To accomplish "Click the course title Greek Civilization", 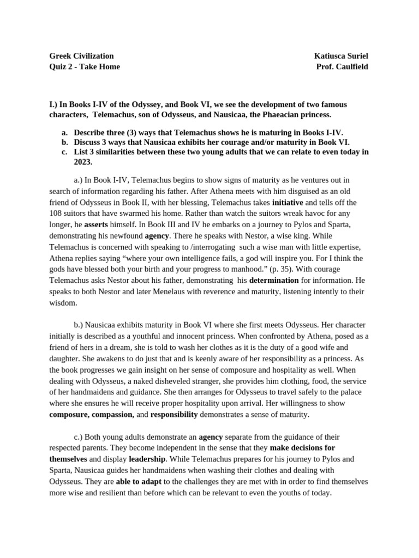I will point(81,56).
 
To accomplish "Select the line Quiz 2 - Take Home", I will point(85,66).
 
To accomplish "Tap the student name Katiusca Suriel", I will point(341,56).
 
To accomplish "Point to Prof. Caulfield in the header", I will point(342,66).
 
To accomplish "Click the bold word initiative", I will point(288,202).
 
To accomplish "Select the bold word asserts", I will point(96,224).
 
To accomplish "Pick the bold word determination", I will point(274,280).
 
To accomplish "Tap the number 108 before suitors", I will point(56,213).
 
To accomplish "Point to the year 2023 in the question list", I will point(83,162).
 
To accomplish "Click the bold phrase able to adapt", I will point(139,481).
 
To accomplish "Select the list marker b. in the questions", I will point(64,142).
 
